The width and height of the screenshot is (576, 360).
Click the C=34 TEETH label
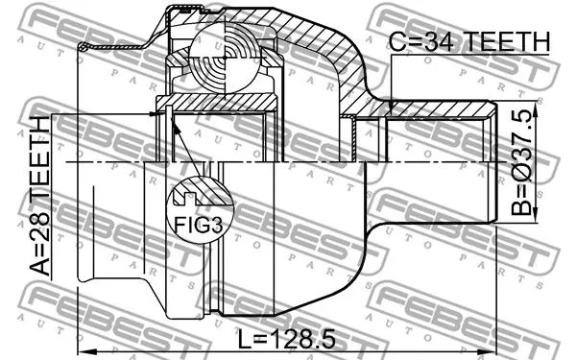470,42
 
